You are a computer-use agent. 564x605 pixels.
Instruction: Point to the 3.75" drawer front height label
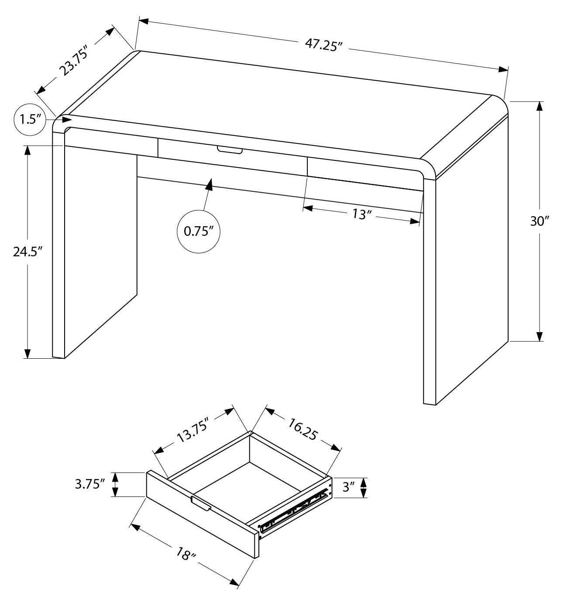pos(90,484)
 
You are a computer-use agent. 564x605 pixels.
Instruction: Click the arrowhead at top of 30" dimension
pos(540,107)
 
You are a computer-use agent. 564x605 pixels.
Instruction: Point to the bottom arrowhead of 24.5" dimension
pos(28,353)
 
